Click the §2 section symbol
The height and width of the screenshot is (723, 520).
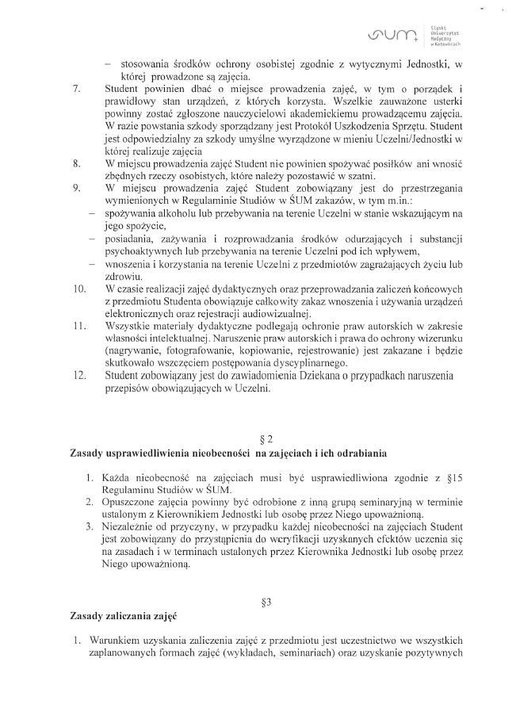tap(266, 439)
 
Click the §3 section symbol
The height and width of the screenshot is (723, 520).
tap(266, 602)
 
